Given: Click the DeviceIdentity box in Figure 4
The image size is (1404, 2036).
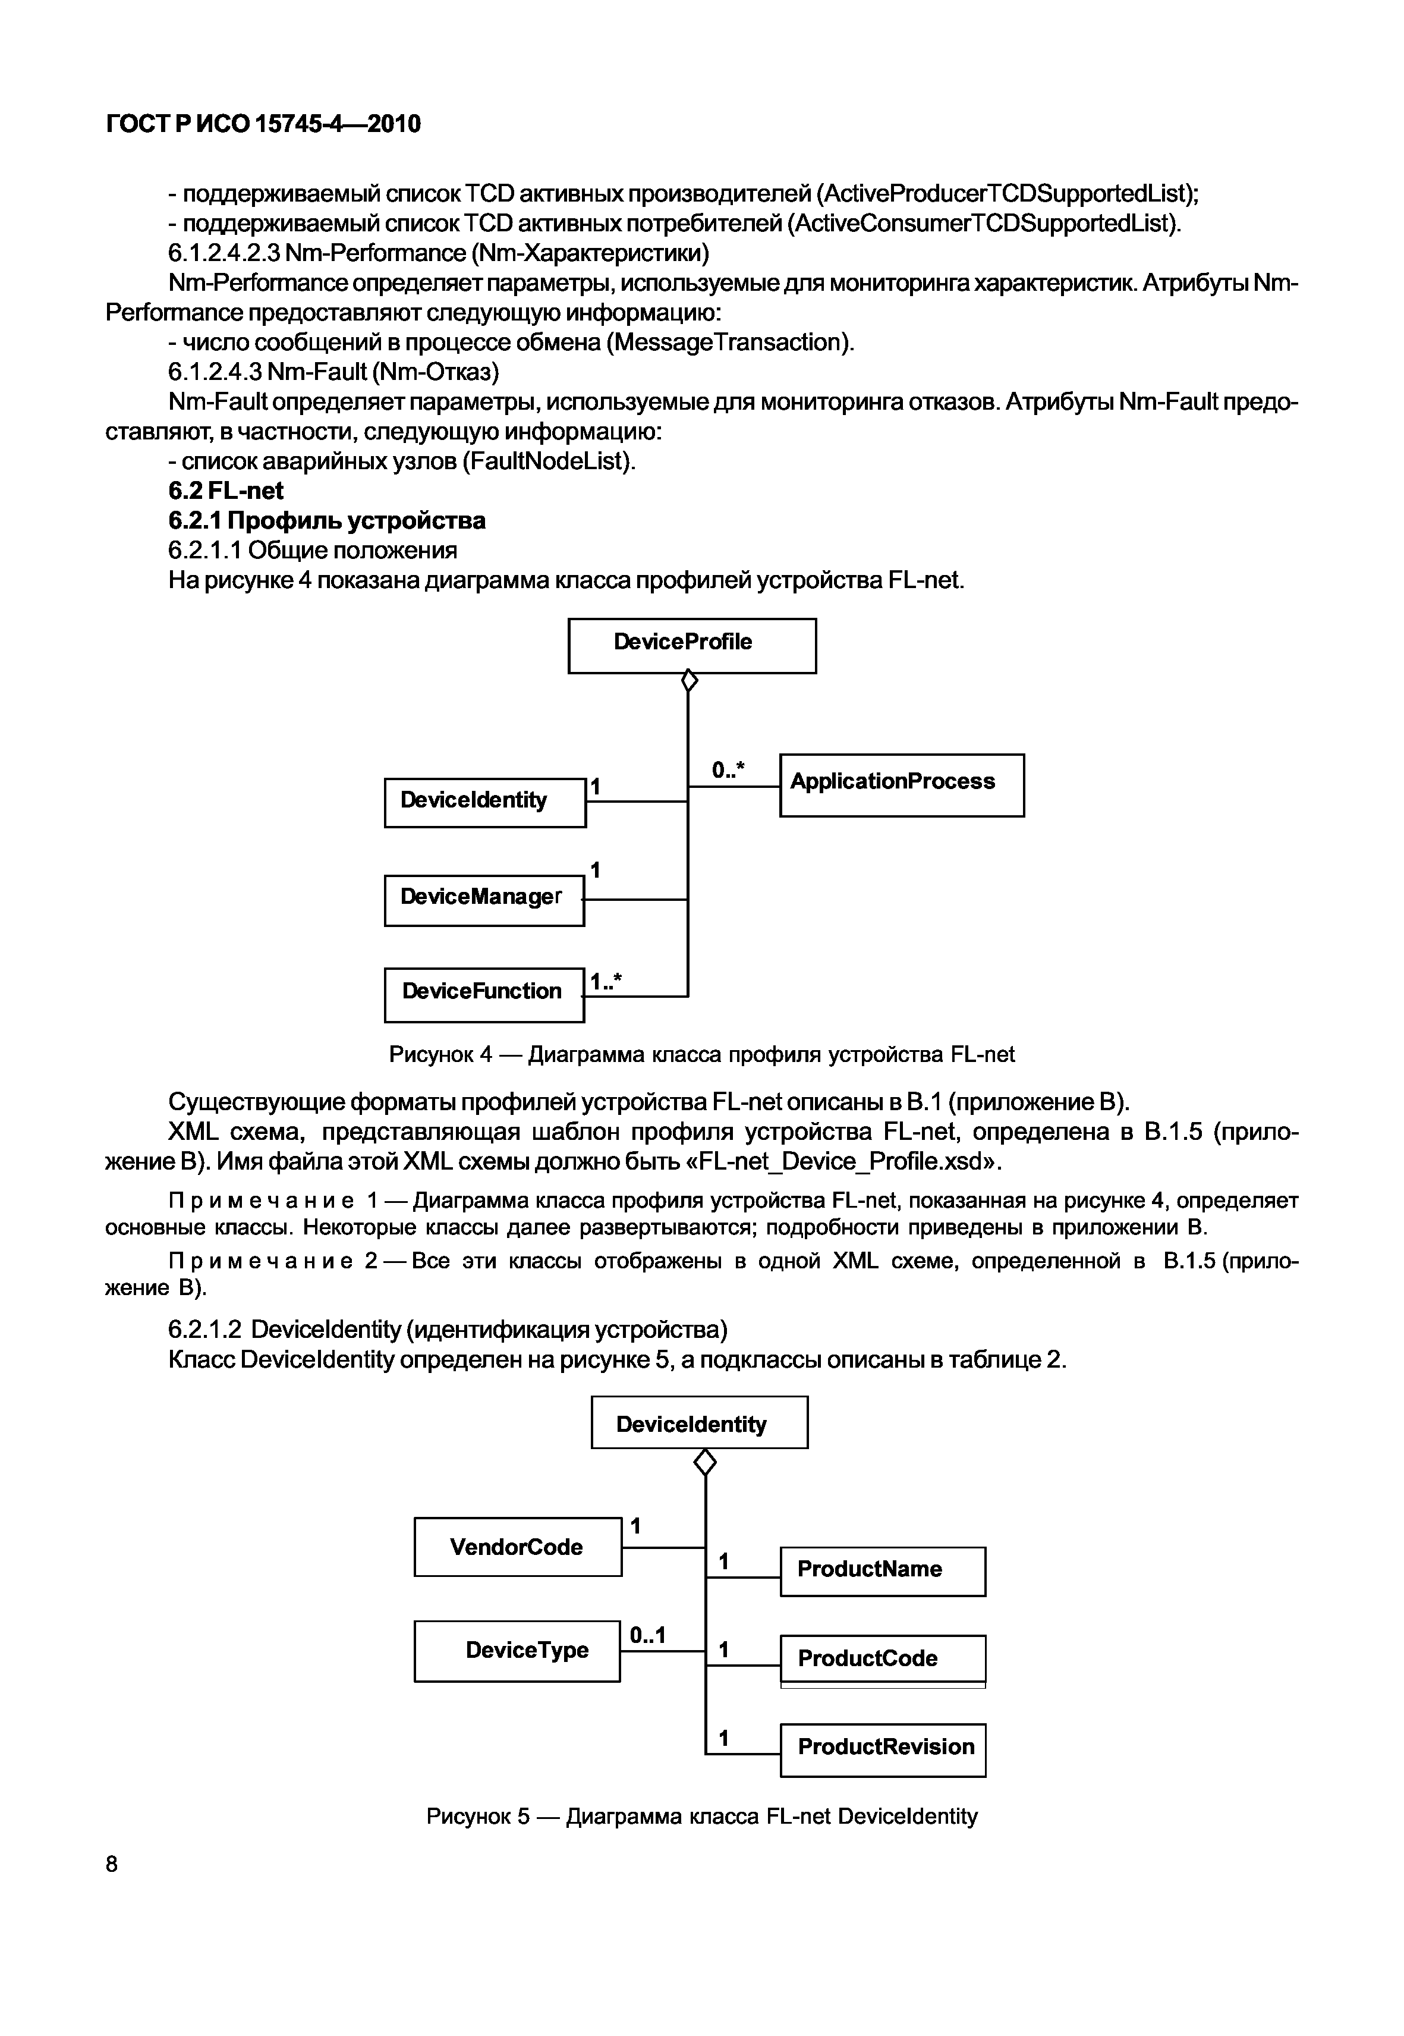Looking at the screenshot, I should pyautogui.click(x=484, y=802).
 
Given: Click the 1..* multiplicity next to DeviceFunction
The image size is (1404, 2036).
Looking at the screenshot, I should pyautogui.click(x=605, y=982).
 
